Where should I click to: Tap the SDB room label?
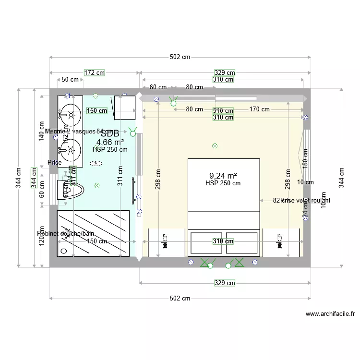[110, 133]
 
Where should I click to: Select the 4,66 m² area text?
[110, 142]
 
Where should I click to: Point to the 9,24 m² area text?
[223, 176]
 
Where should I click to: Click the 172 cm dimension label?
[95, 73]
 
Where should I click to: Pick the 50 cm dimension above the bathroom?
[71, 80]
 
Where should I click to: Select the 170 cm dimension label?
[259, 109]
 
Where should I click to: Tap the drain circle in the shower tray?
[63, 251]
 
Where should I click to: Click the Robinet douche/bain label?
[66, 234]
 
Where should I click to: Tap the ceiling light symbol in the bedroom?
[215, 145]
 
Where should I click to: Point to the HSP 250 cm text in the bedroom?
[223, 183]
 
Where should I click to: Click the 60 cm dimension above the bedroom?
[158, 87]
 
